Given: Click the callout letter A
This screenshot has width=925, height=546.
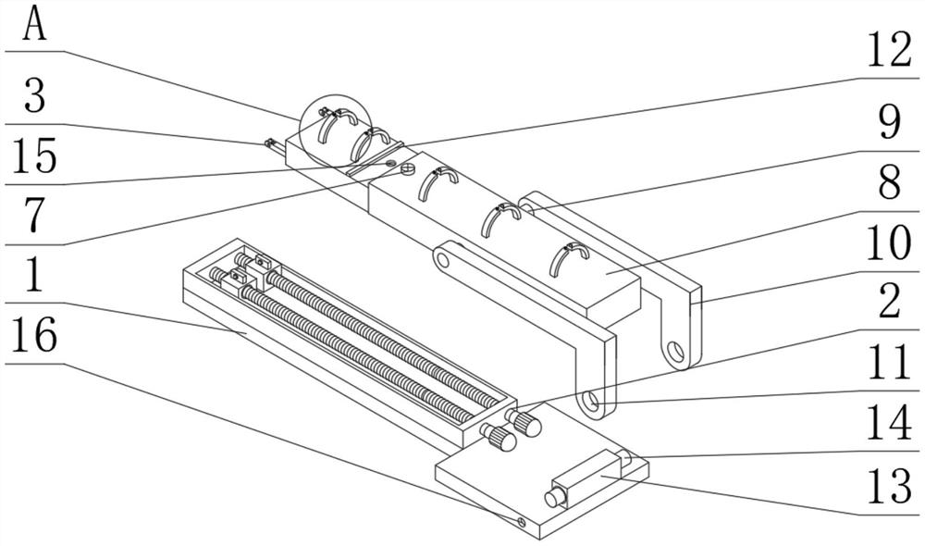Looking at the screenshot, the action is pos(34,24).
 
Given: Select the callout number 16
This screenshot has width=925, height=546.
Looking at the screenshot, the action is pos(34,334).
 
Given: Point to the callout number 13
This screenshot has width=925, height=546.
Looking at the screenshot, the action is pos(889,487).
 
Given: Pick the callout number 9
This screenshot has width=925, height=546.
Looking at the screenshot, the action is pos(889,122).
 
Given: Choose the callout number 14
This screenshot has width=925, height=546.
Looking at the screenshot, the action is pos(889,423).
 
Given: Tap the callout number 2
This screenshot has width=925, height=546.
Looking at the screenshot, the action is pos(889,301).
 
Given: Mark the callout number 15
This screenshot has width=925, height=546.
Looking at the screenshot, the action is pos(34,155).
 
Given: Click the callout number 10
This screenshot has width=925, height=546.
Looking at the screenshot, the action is pos(889,242).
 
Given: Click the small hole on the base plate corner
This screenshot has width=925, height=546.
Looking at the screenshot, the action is pos(520,522).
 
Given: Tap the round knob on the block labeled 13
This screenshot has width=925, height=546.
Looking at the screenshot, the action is pos(554,499).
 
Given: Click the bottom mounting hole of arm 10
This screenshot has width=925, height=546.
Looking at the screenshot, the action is pos(675,352).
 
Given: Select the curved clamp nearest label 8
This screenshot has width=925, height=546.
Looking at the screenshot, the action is pos(569,258).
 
